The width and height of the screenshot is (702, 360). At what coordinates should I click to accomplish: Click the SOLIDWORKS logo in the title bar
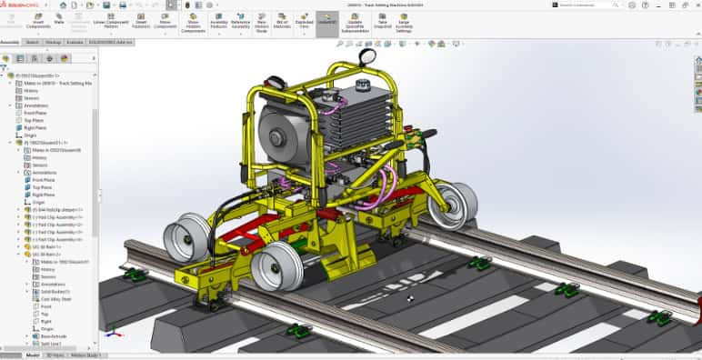(x=20, y=5)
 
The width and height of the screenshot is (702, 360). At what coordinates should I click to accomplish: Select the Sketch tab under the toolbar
(x=32, y=42)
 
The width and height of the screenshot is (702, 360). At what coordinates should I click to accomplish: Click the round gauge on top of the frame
(x=367, y=57)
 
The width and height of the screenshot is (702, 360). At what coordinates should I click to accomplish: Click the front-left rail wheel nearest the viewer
(x=276, y=265)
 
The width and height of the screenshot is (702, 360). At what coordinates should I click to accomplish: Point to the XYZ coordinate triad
(x=112, y=318)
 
